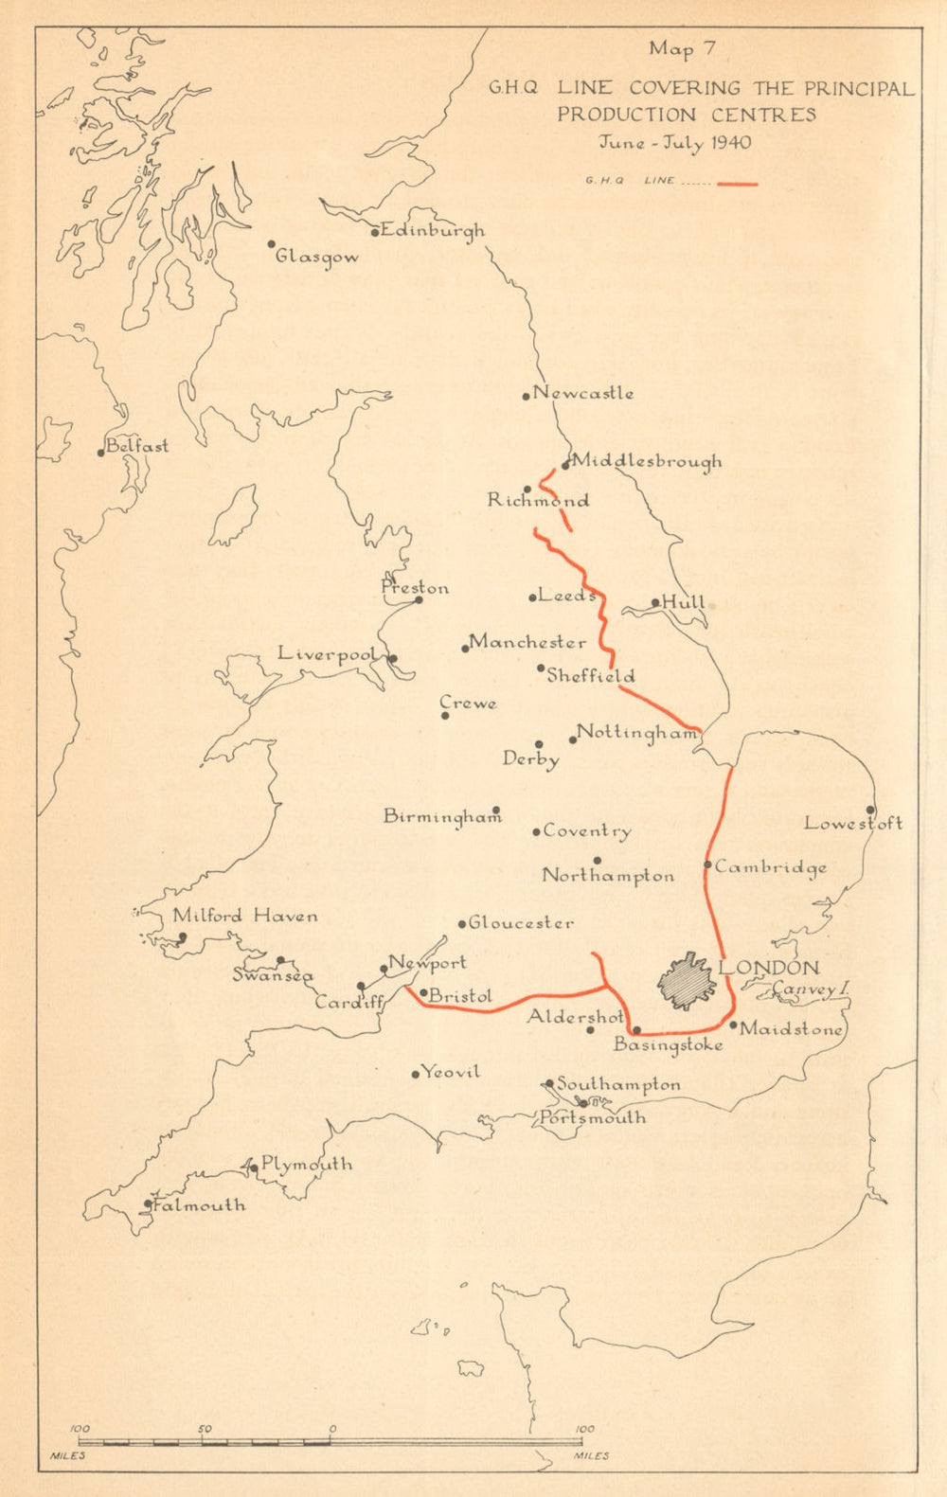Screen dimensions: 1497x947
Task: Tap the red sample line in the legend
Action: pos(737,183)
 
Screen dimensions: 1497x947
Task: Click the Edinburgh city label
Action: pos(431,230)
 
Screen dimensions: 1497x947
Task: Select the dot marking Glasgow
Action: pos(270,243)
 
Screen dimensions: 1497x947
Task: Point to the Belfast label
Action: pos(137,445)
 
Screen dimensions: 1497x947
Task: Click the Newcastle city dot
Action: pos(527,396)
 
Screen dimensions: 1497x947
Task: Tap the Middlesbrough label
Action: pos(647,461)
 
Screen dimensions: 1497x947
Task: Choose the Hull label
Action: pos(683,602)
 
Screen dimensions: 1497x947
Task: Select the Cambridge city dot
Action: pos(707,864)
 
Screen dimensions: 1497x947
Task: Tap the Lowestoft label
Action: pos(852,823)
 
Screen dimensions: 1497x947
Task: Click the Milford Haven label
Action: pos(244,916)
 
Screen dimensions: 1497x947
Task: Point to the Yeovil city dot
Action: pos(415,1073)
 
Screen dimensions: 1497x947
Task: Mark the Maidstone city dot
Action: pos(733,1024)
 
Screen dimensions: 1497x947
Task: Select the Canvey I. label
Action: pos(809,989)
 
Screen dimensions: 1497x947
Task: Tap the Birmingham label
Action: pos(441,816)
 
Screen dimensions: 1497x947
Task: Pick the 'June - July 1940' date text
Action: pos(674,143)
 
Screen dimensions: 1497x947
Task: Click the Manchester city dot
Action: pos(465,649)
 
